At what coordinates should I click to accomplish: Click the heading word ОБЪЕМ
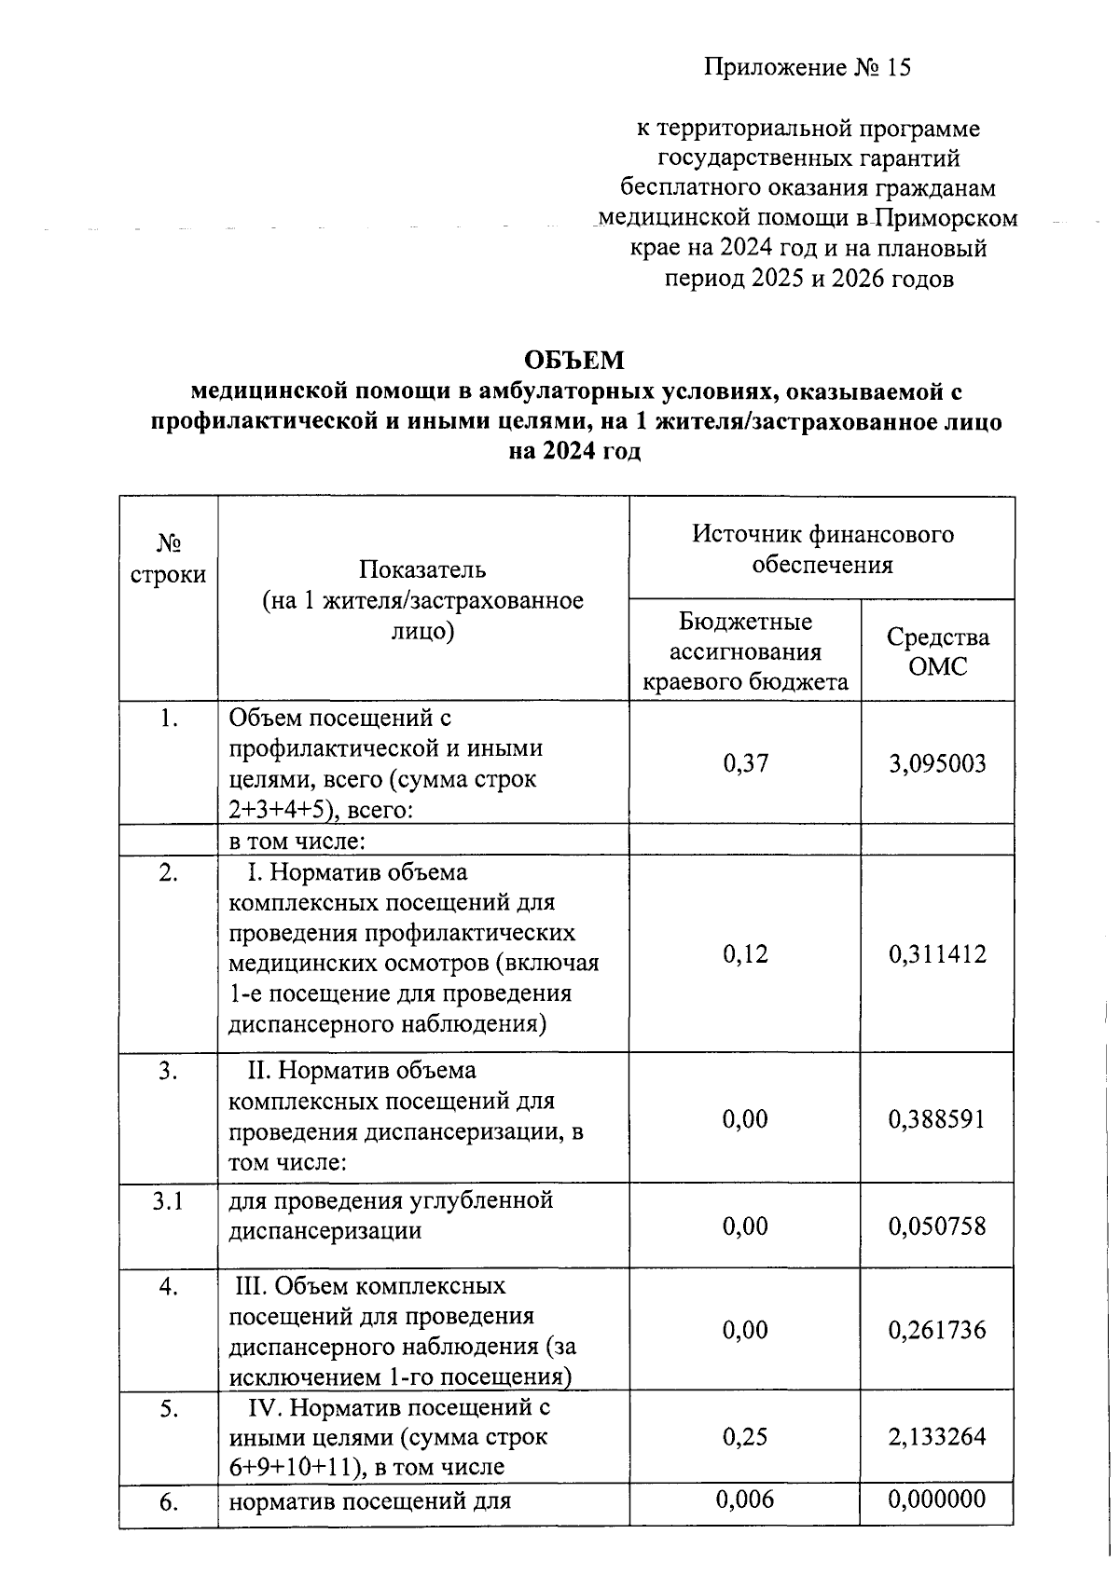tap(573, 361)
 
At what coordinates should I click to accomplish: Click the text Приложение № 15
tap(807, 68)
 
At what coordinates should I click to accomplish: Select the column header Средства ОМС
tap(938, 652)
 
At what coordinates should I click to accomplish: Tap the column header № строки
tap(168, 559)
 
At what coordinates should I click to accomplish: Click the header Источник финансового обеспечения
tap(822, 549)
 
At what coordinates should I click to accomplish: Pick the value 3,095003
tap(937, 765)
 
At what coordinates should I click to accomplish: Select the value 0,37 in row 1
tap(745, 764)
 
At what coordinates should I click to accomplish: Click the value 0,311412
tap(937, 954)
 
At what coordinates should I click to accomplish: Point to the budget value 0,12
tap(745, 954)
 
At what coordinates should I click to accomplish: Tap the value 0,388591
tap(937, 1120)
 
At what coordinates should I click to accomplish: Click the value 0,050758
tap(937, 1226)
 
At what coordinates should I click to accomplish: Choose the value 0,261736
tap(937, 1331)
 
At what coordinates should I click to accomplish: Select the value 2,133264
tap(937, 1437)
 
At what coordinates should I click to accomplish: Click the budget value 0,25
tap(745, 1437)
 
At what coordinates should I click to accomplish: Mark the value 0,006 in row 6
tap(745, 1500)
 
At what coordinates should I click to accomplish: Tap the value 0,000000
tap(937, 1500)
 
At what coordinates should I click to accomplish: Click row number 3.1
tap(168, 1202)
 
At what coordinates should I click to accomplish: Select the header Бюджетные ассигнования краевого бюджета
tap(745, 652)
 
